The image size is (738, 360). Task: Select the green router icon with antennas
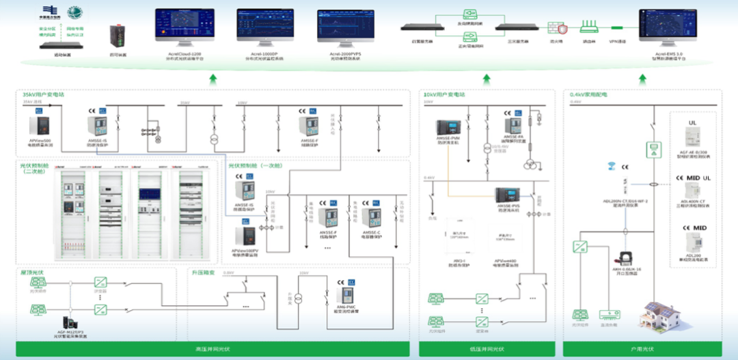[x=588, y=27]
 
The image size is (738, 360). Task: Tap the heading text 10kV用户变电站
[x=444, y=94]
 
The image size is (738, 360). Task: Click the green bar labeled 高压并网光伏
[x=213, y=349]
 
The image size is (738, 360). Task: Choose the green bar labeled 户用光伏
[x=642, y=349]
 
